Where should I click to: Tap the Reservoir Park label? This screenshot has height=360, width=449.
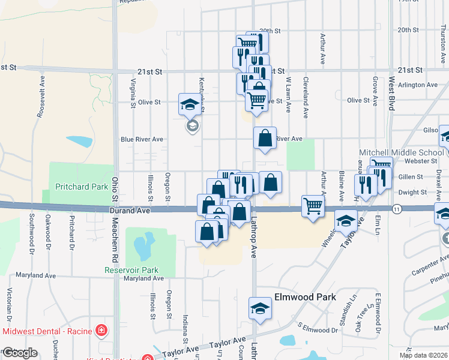point(131,270)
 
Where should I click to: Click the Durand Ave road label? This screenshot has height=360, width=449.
point(128,211)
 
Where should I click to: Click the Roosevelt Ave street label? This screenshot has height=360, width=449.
point(42,96)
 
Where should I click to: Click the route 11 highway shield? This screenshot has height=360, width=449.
point(396,209)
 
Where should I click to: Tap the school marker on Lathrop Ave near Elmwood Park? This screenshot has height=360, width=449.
point(260,308)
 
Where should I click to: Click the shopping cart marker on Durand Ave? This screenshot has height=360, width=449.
point(313,206)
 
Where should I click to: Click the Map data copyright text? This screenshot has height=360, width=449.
point(423,355)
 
